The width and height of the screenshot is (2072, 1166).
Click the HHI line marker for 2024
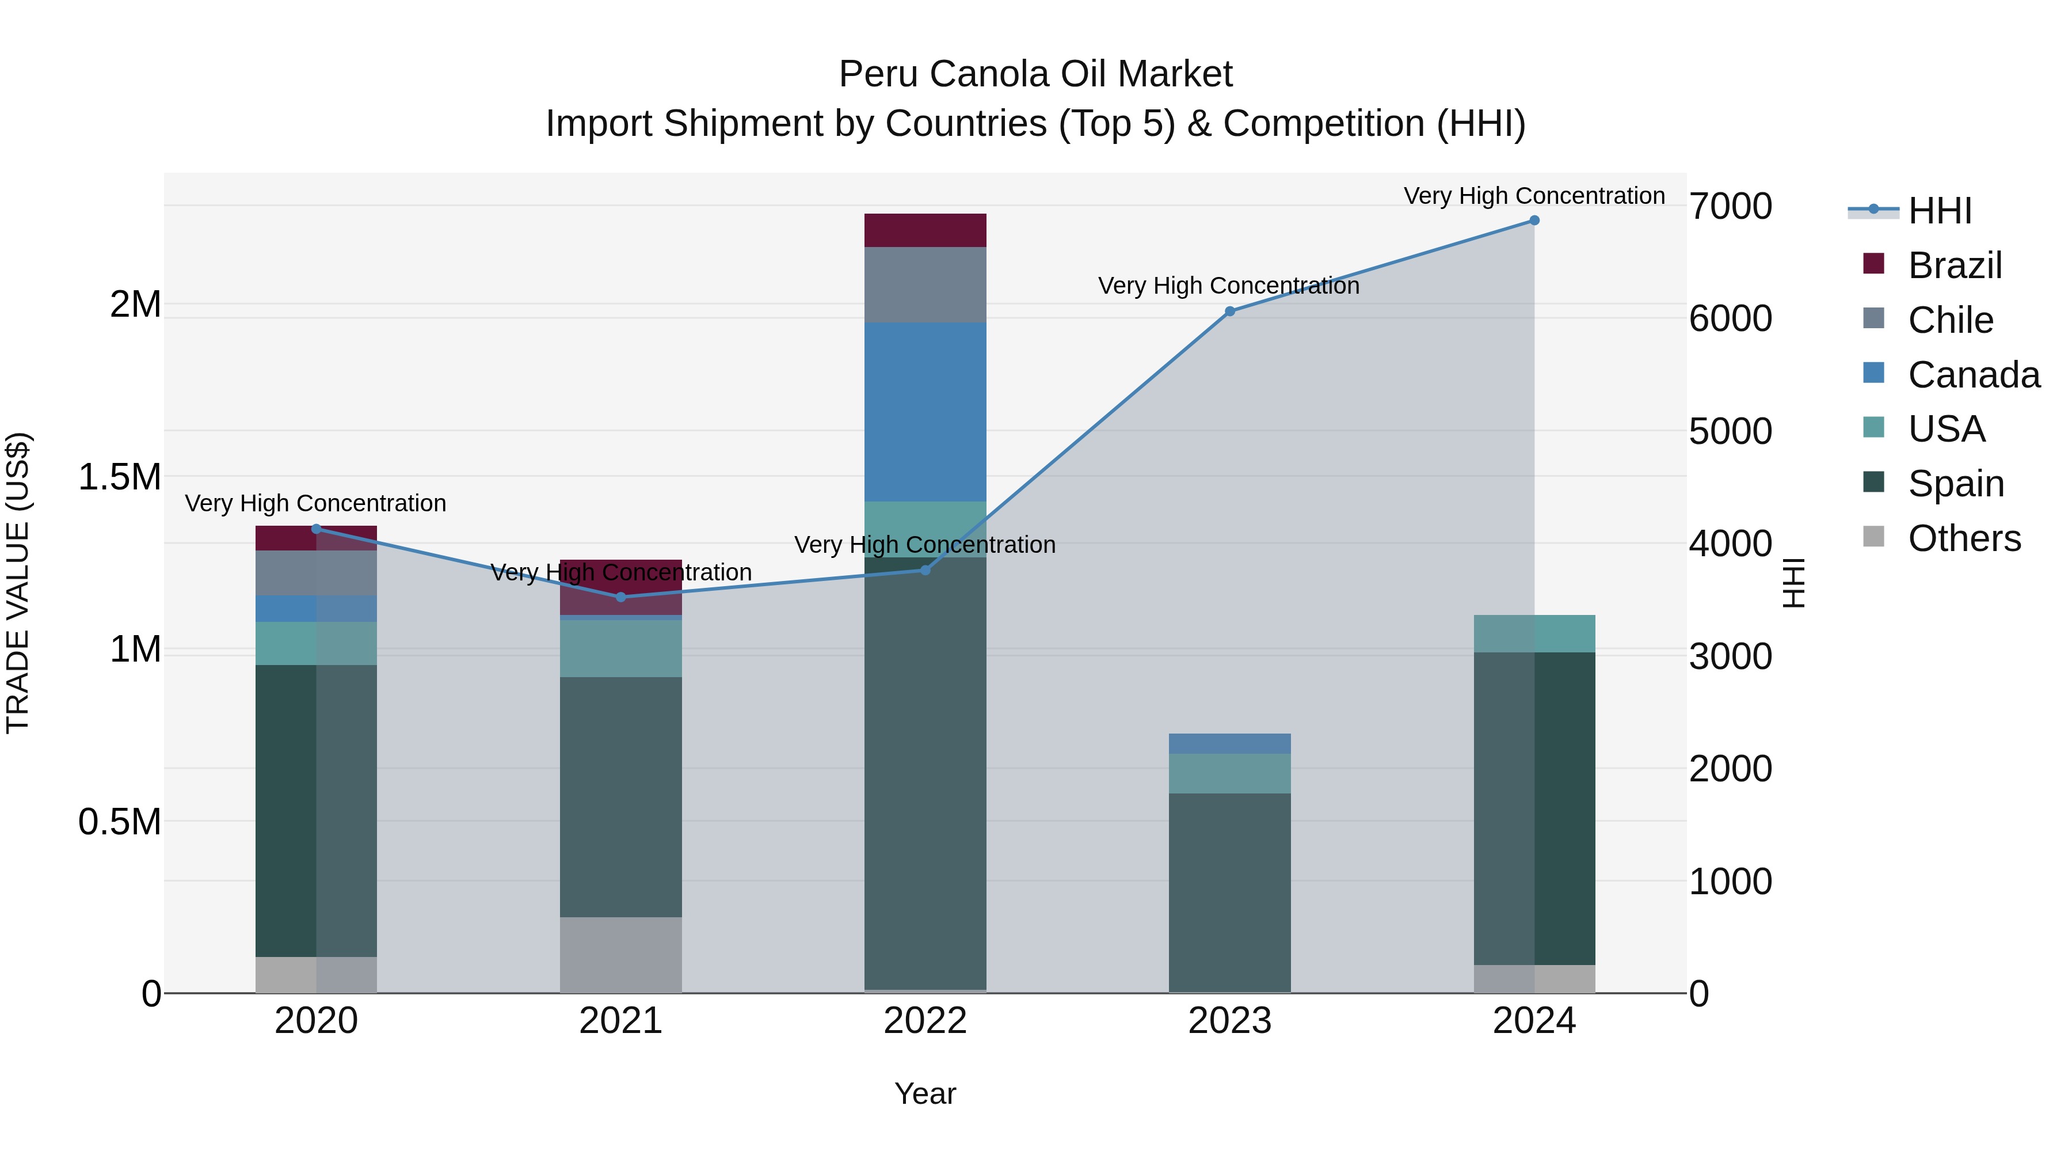pos(1534,221)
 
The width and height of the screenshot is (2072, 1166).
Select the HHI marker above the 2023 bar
pos(1229,312)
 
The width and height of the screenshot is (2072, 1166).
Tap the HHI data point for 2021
pos(620,597)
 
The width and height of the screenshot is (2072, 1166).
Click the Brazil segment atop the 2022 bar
pos(925,230)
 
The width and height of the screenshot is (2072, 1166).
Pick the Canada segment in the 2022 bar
pos(925,412)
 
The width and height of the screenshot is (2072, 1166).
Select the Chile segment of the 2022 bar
pos(925,285)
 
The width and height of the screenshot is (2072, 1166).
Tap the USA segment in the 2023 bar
pos(1229,773)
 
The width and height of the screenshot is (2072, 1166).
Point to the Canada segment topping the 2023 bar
pos(1229,743)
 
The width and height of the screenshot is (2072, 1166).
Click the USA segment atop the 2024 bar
pos(1534,633)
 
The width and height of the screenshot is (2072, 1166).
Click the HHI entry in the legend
pos(1939,211)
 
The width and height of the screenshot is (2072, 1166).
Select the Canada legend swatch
pos(1873,373)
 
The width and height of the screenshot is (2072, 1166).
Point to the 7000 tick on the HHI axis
pos(1730,207)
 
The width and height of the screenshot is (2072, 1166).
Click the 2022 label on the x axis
pos(925,1021)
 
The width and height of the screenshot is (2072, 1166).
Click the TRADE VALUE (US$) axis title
pos(18,583)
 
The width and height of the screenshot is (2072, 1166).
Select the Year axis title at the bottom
pos(925,1093)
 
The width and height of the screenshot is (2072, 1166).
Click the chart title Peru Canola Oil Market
pos(1035,74)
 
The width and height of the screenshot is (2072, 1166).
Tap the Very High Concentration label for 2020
pos(315,504)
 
